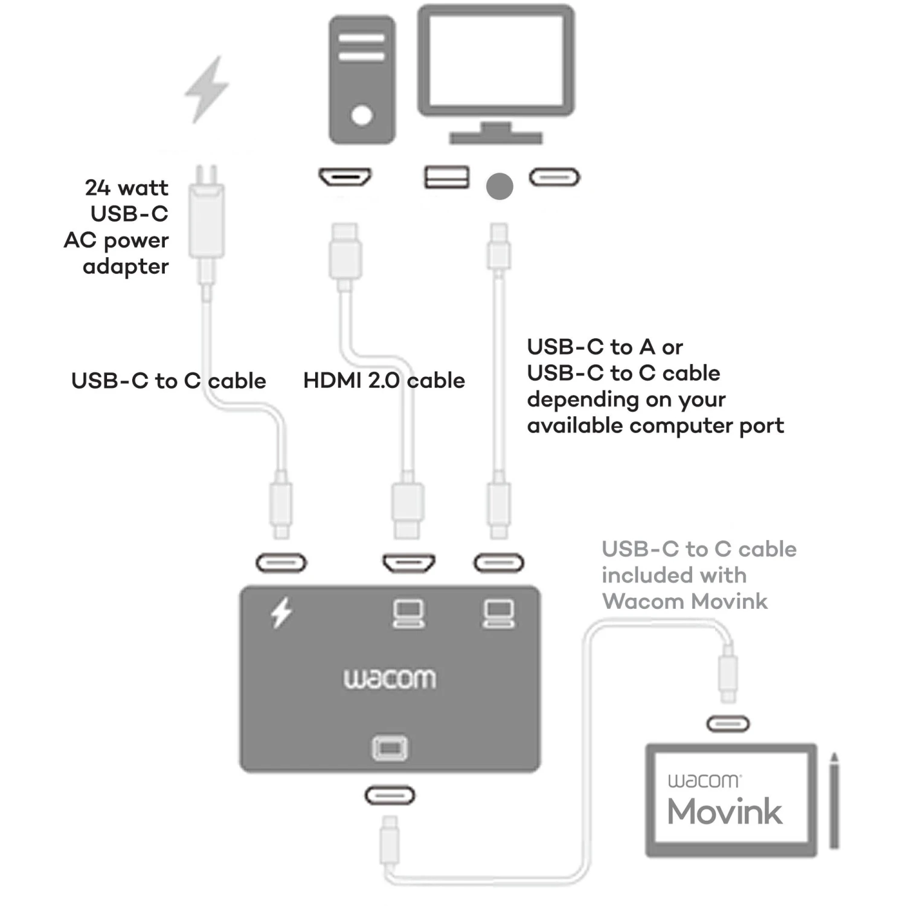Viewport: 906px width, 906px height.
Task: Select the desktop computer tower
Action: click(362, 80)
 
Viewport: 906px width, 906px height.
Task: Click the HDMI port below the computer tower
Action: click(345, 177)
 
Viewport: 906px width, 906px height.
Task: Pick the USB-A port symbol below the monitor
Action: click(446, 177)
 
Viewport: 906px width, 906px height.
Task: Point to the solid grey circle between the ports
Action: click(500, 186)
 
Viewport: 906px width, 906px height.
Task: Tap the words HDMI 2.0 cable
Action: click(384, 381)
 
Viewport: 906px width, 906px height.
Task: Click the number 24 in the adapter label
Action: click(97, 188)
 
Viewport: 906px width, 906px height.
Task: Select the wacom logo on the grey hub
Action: click(390, 678)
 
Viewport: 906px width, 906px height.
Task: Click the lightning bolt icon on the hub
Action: click(281, 612)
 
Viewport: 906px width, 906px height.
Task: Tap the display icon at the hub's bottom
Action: click(390, 748)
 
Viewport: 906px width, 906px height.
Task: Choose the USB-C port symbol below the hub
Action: click(390, 795)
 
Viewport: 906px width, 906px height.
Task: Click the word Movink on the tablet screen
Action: click(725, 811)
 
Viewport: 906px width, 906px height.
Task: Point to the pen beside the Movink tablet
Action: click(834, 800)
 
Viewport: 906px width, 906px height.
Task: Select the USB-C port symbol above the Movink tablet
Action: click(728, 724)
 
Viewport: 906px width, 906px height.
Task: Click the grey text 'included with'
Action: click(674, 575)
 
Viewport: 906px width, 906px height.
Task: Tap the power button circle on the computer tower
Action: click(361, 115)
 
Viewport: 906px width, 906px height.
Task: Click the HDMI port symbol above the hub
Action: click(409, 563)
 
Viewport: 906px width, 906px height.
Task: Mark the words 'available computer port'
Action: click(655, 426)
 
